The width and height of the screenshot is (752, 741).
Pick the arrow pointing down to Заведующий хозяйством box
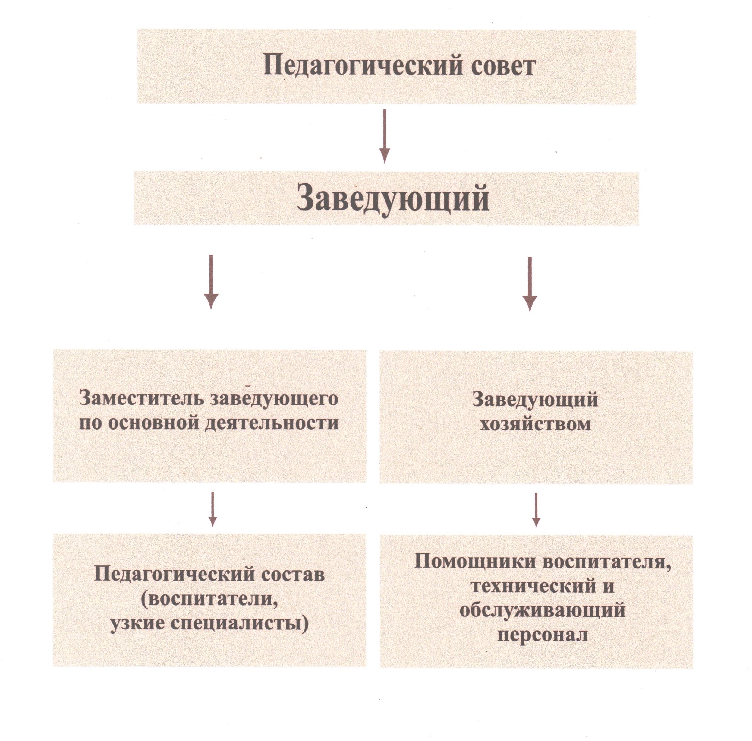[530, 284]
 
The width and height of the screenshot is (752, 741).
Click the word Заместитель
[142, 399]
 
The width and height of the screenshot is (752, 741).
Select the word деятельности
[272, 423]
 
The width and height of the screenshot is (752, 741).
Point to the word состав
[293, 575]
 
